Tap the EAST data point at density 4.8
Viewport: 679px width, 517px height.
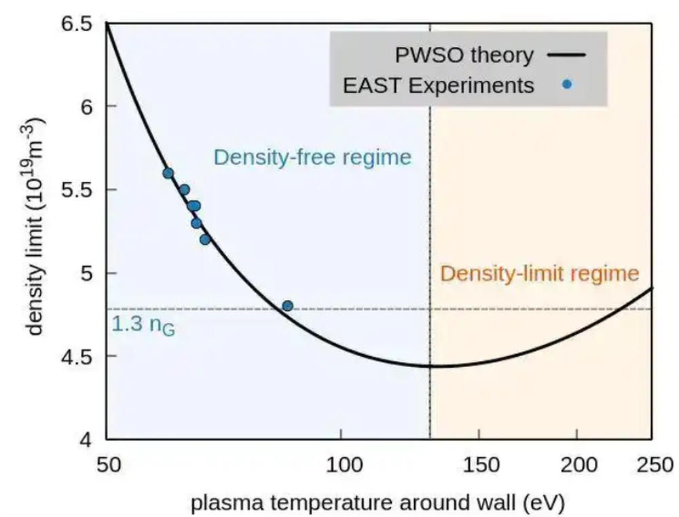pos(287,306)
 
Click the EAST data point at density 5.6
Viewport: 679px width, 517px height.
pos(168,174)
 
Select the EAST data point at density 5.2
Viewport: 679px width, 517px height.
pos(205,240)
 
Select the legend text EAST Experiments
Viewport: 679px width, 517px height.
pos(438,85)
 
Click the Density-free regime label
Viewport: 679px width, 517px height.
pos(312,157)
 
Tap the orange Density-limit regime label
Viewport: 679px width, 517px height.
pos(539,273)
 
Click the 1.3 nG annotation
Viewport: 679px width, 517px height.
pos(142,326)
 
